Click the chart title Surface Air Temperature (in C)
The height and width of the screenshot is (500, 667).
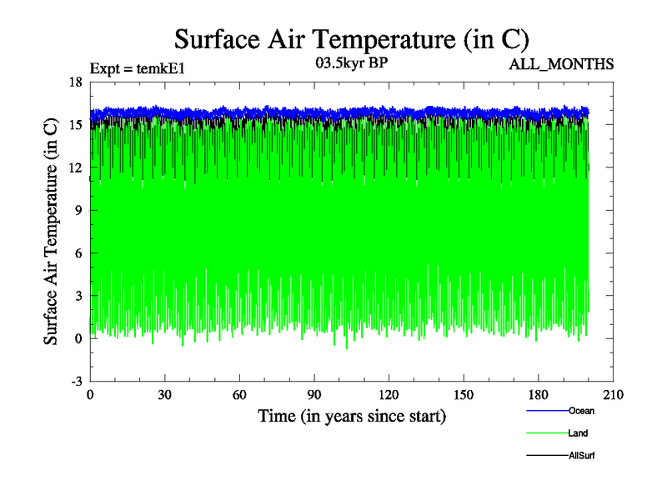coord(351,39)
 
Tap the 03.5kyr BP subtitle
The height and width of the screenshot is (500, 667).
coord(351,63)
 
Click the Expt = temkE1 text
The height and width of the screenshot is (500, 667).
coord(137,68)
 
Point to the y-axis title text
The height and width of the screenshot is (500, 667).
coord(51,231)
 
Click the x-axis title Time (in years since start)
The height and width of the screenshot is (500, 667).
coord(351,414)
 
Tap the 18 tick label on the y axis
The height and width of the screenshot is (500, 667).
coord(75,82)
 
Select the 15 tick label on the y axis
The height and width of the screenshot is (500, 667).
coord(75,124)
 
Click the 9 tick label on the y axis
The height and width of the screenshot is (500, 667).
coord(78,210)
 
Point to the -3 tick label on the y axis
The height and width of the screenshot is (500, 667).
coord(75,381)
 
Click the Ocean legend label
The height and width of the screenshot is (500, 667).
coord(582,410)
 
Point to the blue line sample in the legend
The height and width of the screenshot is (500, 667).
coord(547,411)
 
